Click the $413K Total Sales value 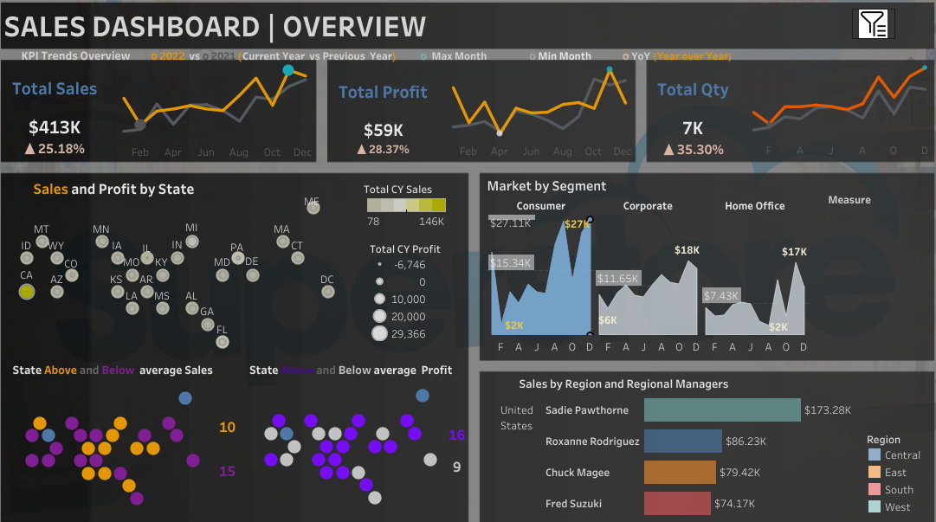(x=54, y=127)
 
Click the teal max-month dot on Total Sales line (x=288, y=70)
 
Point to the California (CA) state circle (x=27, y=292)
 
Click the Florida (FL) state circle (x=223, y=342)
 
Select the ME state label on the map (x=312, y=202)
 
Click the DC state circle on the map (x=327, y=292)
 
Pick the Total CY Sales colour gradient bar (x=406, y=205)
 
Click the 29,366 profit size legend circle (x=379, y=334)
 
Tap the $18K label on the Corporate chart (x=687, y=250)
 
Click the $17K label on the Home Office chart (x=793, y=252)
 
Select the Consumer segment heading (x=540, y=206)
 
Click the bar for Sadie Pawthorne (x=722, y=410)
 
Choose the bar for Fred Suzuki (x=677, y=504)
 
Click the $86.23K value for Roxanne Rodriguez (x=749, y=441)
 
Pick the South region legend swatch (x=875, y=490)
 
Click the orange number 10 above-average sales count (x=227, y=428)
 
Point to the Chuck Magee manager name (x=577, y=473)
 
